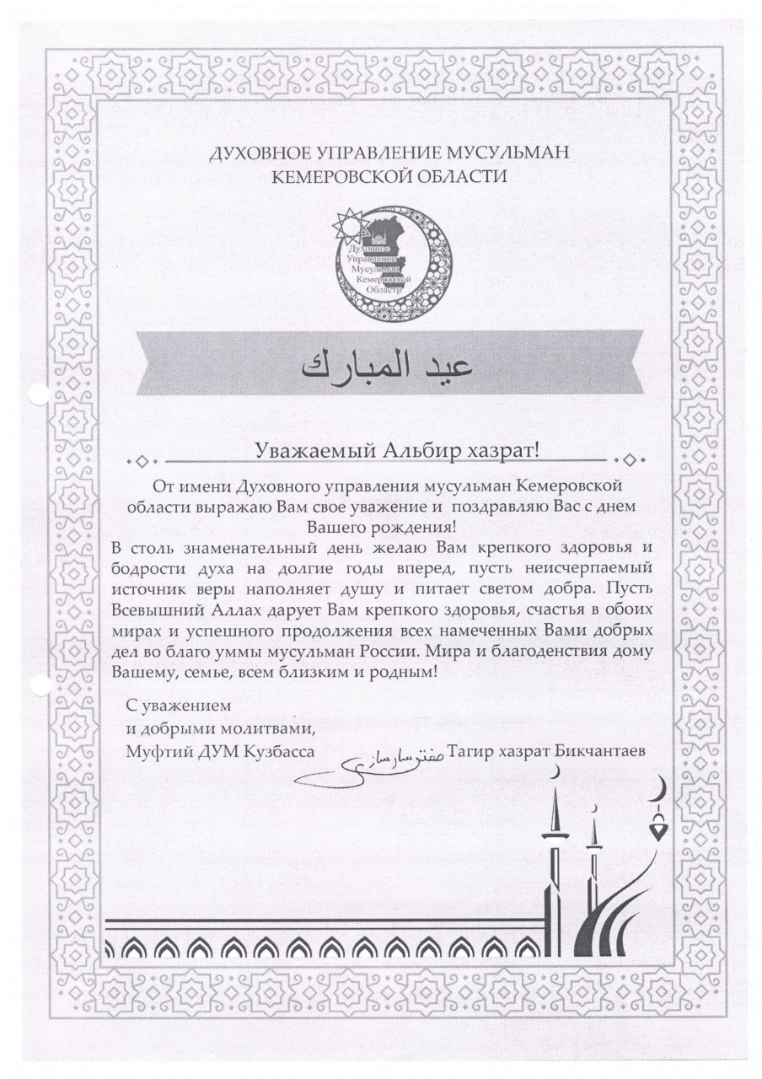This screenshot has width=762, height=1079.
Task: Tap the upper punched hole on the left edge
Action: point(35,395)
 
